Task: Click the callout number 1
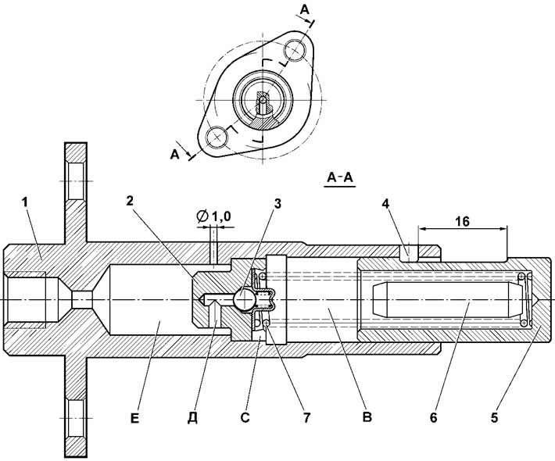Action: [25, 202]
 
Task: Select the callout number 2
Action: [130, 201]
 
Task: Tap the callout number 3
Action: [277, 203]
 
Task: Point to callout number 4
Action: [386, 203]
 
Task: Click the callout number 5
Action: [495, 417]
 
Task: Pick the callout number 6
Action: [434, 417]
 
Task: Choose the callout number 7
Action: [306, 417]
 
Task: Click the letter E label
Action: [135, 418]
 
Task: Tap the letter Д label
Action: [192, 418]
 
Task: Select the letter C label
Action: [245, 418]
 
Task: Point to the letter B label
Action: [367, 417]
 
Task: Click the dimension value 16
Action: [462, 221]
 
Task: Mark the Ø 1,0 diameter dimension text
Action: [213, 216]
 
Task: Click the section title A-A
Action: [340, 177]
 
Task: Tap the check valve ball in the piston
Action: [243, 300]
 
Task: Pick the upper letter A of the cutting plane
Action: [304, 11]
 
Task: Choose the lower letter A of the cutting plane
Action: [175, 155]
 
